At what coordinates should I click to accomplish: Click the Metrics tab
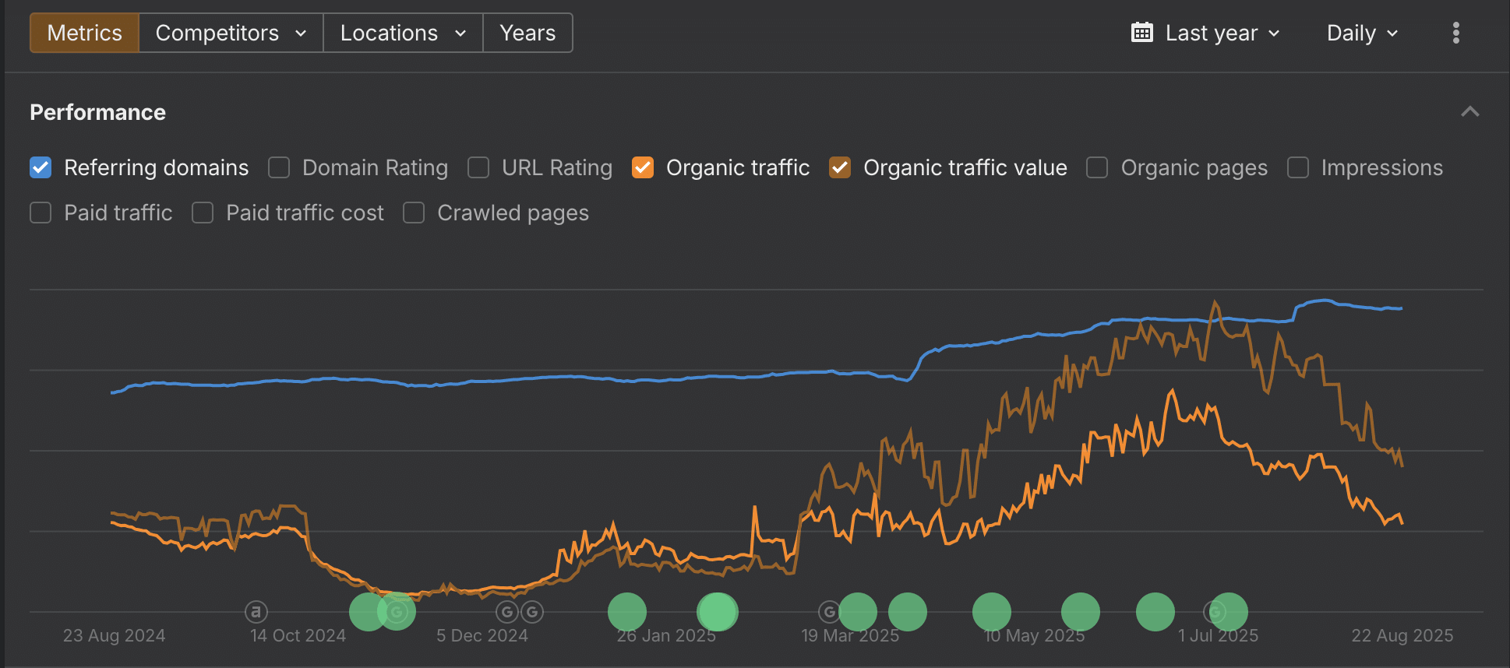[84, 33]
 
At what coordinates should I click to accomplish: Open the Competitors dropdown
[231, 33]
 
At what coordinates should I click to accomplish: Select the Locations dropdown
[403, 33]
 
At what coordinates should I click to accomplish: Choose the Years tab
[527, 33]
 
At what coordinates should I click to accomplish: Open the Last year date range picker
[1205, 33]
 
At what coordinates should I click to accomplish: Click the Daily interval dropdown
[1362, 33]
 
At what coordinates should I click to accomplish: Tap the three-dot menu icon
[1455, 33]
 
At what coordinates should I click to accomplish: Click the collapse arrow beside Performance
[1469, 112]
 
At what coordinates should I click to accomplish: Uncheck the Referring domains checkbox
[41, 167]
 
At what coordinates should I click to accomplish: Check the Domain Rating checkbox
[279, 167]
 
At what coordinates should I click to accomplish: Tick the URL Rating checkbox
[478, 167]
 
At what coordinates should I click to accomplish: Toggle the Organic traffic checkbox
[643, 167]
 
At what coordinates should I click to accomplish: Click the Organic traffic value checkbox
[840, 167]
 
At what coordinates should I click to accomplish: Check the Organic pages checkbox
[1097, 167]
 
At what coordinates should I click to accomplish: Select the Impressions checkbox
[1297, 167]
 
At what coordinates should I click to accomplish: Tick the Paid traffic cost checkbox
[203, 213]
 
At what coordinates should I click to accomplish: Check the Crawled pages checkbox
[414, 213]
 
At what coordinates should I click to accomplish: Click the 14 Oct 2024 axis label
[298, 635]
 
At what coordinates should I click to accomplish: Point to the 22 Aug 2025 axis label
[1402, 635]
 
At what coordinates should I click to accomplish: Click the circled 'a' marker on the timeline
[256, 612]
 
